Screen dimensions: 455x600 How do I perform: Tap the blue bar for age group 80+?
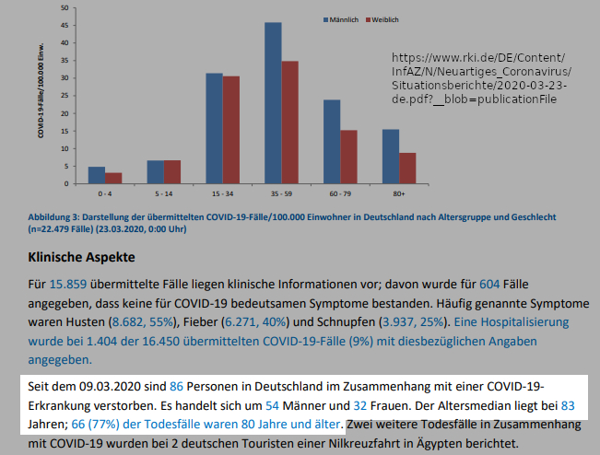391,157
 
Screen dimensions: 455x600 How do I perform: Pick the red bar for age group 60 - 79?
348,157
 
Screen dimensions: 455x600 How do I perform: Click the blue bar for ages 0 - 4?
96,176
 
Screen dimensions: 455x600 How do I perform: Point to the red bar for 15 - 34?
230,130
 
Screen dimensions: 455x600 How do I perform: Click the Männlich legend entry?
341,19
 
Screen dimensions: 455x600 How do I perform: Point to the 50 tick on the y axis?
66,8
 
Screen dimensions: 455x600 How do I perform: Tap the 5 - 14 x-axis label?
163,195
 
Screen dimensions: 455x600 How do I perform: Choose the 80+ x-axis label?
398,195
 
